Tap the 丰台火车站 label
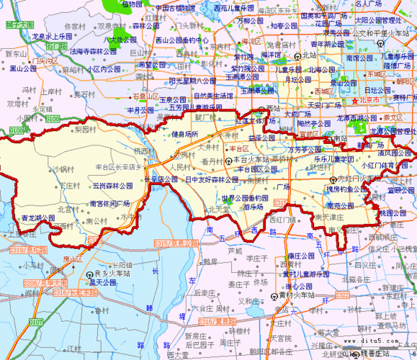tap(249, 159)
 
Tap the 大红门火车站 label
tap(362, 178)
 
